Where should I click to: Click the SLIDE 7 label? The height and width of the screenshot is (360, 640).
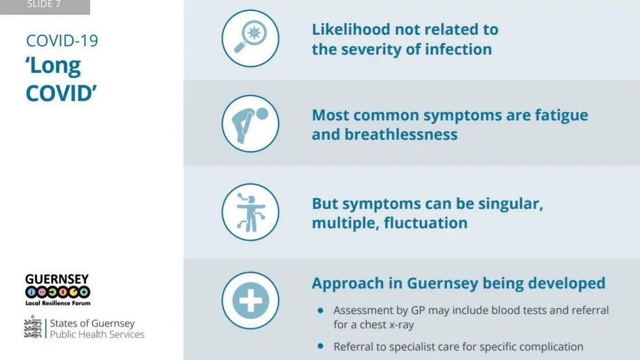click(x=43, y=4)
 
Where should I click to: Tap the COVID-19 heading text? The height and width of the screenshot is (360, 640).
click(x=62, y=41)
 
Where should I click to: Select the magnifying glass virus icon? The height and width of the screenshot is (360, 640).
click(x=250, y=38)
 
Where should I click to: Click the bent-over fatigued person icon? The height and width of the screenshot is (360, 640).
click(x=250, y=123)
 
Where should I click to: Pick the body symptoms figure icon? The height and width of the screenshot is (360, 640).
click(x=250, y=212)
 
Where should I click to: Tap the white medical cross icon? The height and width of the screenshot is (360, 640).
click(x=250, y=301)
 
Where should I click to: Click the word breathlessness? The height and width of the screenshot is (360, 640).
click(x=401, y=135)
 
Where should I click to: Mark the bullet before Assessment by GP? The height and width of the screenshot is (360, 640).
click(x=321, y=311)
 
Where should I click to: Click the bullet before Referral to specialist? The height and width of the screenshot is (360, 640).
click(x=321, y=346)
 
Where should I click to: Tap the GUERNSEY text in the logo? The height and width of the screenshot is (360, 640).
click(x=57, y=279)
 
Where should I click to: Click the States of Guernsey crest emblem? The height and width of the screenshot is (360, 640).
click(x=33, y=326)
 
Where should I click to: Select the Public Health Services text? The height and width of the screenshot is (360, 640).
click(x=97, y=335)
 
